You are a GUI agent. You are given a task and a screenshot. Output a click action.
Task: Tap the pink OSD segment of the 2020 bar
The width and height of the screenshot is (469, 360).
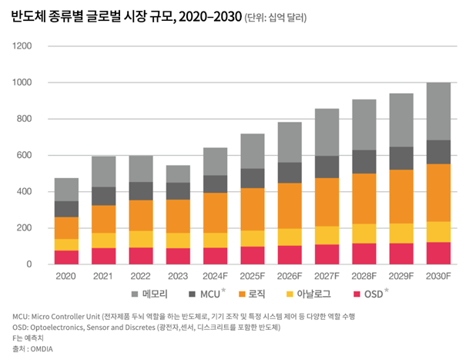tap(67, 257)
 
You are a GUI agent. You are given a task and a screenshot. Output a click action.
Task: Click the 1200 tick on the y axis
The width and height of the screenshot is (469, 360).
tap(22, 46)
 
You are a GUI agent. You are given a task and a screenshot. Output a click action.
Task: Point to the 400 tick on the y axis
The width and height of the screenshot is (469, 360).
tap(24, 192)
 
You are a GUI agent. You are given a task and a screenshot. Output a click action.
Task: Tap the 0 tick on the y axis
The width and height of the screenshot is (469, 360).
tap(29, 264)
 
